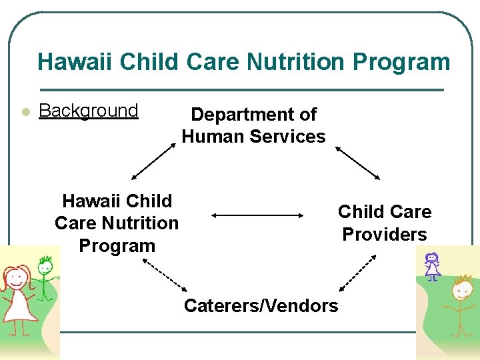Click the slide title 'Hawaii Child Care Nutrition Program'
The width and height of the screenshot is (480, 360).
[x=243, y=62]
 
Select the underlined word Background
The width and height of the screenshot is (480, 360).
[x=89, y=111]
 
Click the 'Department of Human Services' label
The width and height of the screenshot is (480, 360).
[x=253, y=125]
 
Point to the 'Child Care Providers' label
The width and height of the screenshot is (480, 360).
[x=384, y=223]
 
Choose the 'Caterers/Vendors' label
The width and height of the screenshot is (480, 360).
[x=261, y=305]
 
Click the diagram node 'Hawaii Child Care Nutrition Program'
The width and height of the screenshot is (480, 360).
[x=117, y=223]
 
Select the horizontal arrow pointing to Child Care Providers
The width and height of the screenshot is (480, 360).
[x=257, y=215]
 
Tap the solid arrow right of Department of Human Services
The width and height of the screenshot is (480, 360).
[x=357, y=162]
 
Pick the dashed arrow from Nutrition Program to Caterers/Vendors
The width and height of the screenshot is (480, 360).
[x=165, y=274]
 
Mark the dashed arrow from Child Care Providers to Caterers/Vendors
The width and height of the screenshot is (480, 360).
[x=357, y=273]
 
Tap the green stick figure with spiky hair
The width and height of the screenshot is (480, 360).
[x=45, y=280]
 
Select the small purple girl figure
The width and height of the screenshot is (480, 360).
[x=433, y=265]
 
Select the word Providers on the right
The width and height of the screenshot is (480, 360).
[x=384, y=234]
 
